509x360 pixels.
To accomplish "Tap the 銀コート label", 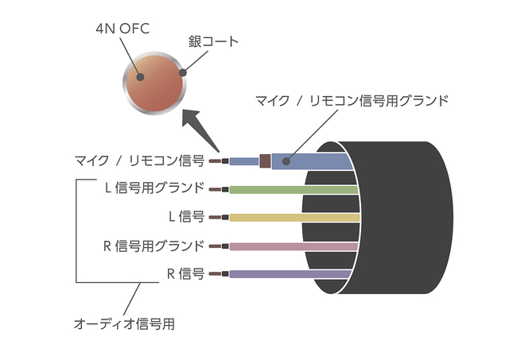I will [213, 41].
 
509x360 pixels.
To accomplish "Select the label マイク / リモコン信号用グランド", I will [352, 100].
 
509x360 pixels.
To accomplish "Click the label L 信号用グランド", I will [154, 188].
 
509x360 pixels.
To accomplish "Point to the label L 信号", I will [186, 216].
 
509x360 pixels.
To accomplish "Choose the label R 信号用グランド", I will [154, 245].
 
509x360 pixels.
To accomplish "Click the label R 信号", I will [186, 273].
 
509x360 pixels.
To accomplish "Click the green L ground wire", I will [294, 189].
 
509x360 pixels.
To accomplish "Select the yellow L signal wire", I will [294, 217].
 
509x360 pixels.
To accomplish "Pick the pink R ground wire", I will [294, 246].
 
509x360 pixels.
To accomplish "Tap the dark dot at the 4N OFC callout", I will [140, 77].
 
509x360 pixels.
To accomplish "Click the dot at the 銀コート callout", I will [184, 72].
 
